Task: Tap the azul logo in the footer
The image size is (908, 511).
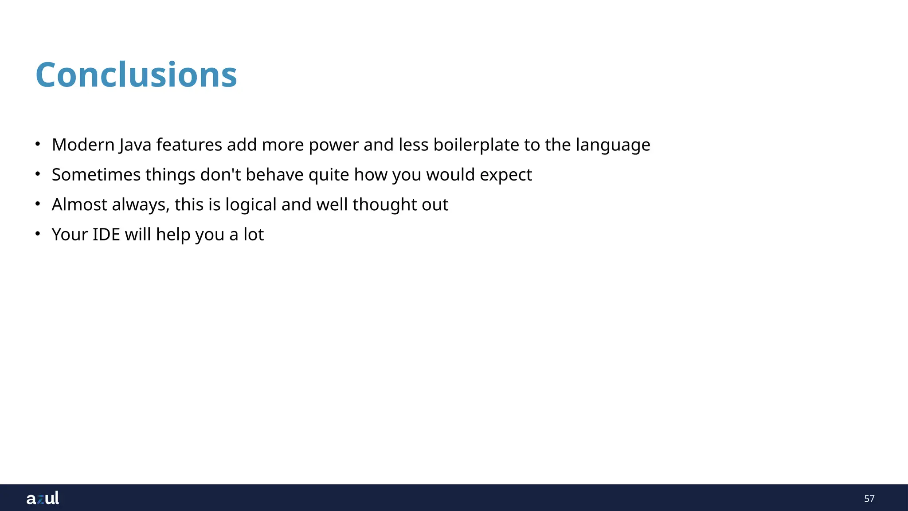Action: [x=43, y=498]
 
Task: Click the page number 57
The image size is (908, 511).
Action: [x=869, y=499]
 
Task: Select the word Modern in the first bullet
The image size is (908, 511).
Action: [x=83, y=145]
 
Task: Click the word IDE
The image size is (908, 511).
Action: [x=106, y=235]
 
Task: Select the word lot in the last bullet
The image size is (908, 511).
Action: [x=253, y=235]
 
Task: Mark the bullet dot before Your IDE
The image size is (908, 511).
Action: [x=38, y=233]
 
